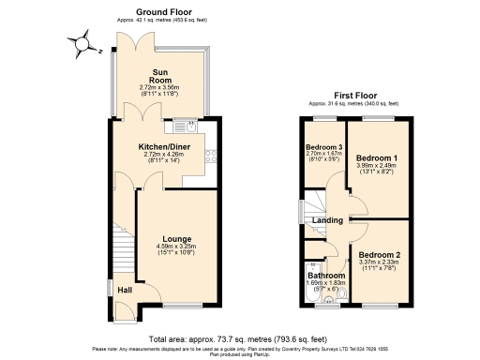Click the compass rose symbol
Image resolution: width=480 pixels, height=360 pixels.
click(82, 42)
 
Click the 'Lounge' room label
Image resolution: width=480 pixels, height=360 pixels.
click(177, 239)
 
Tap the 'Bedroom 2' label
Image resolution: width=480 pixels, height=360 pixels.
click(378, 254)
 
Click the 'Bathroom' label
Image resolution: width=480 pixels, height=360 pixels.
click(325, 275)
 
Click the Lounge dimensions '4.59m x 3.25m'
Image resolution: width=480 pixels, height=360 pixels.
click(177, 247)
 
